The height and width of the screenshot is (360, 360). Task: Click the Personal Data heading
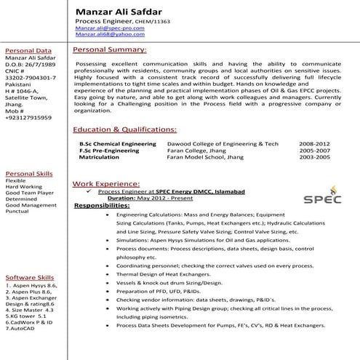[x=28, y=51]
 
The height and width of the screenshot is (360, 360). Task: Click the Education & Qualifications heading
[x=124, y=129]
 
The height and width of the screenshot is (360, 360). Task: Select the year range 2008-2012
[x=313, y=145]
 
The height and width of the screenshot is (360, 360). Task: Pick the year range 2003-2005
[x=313, y=156]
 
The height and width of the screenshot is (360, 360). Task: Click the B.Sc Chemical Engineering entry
[x=118, y=145]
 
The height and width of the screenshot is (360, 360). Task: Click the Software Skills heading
[x=30, y=279]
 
